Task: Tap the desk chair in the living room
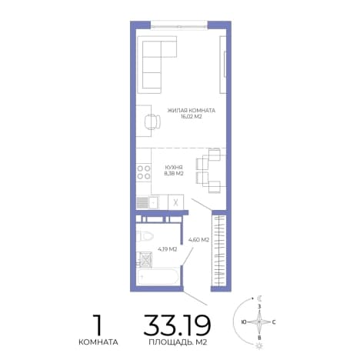coord(153,122)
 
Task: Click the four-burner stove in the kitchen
coord(144,172)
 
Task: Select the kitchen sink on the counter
coord(154,202)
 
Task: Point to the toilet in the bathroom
coord(145,236)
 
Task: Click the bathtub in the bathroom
coord(158,277)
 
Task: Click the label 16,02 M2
coord(192,117)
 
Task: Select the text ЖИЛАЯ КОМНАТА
coord(192,111)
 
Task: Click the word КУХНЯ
coord(174,168)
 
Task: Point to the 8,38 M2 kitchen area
coord(174,174)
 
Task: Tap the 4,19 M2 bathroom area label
coord(168,249)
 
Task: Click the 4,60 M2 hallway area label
coord(198,240)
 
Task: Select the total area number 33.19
coord(177,325)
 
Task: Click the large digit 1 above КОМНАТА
coord(98,325)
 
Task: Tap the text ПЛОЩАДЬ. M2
coord(178,342)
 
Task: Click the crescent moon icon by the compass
coord(260,298)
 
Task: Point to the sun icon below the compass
coord(259,346)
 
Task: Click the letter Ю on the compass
coord(244,322)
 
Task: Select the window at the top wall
coord(178,25)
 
